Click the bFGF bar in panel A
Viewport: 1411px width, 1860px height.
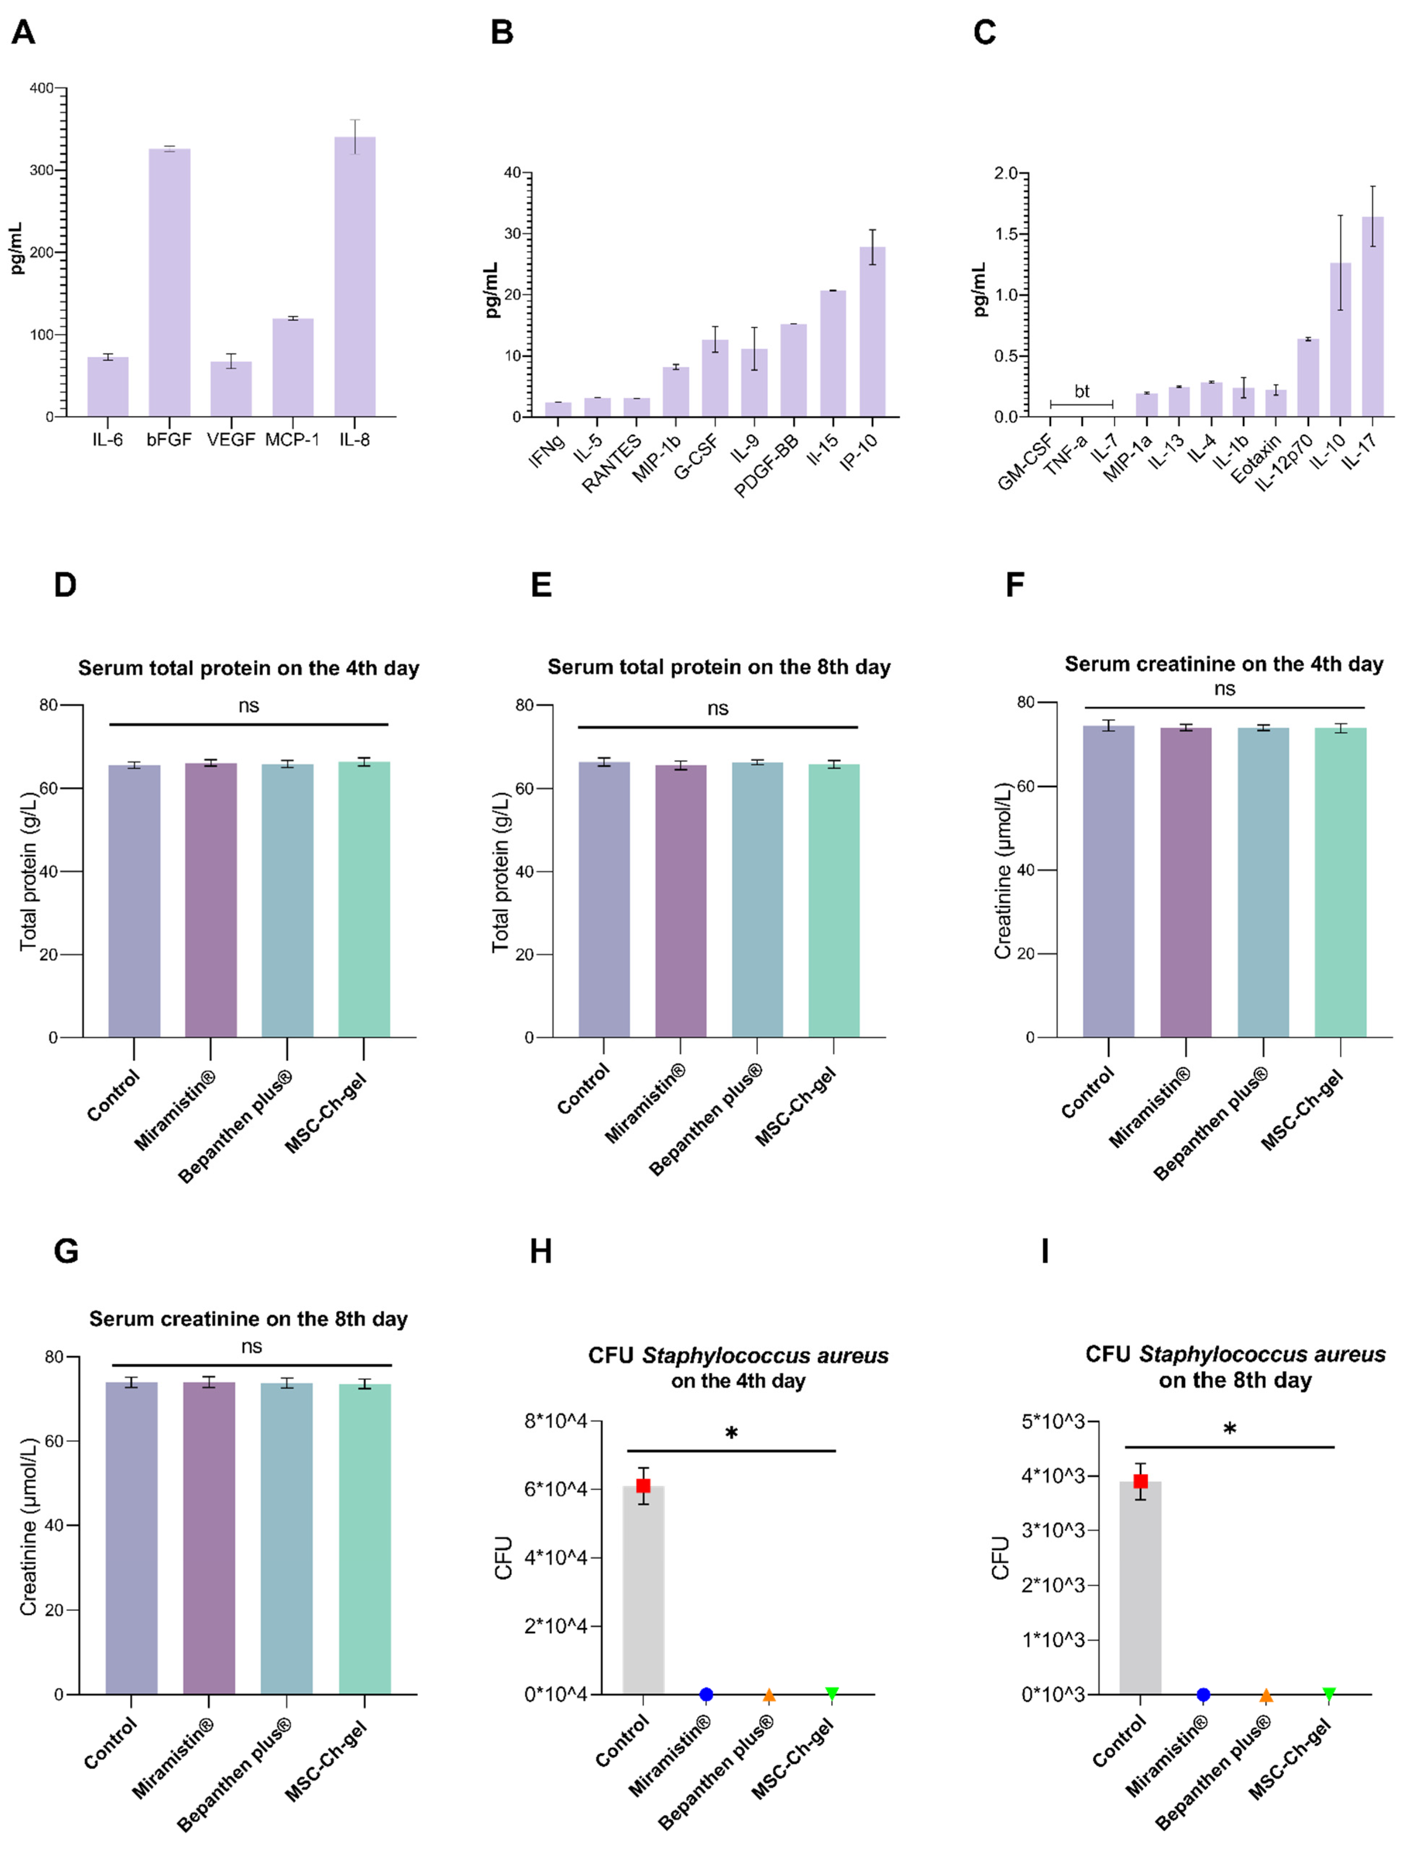[x=169, y=282]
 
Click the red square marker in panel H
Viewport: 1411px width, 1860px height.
[x=643, y=1486]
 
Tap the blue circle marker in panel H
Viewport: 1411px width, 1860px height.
[x=705, y=1694]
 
